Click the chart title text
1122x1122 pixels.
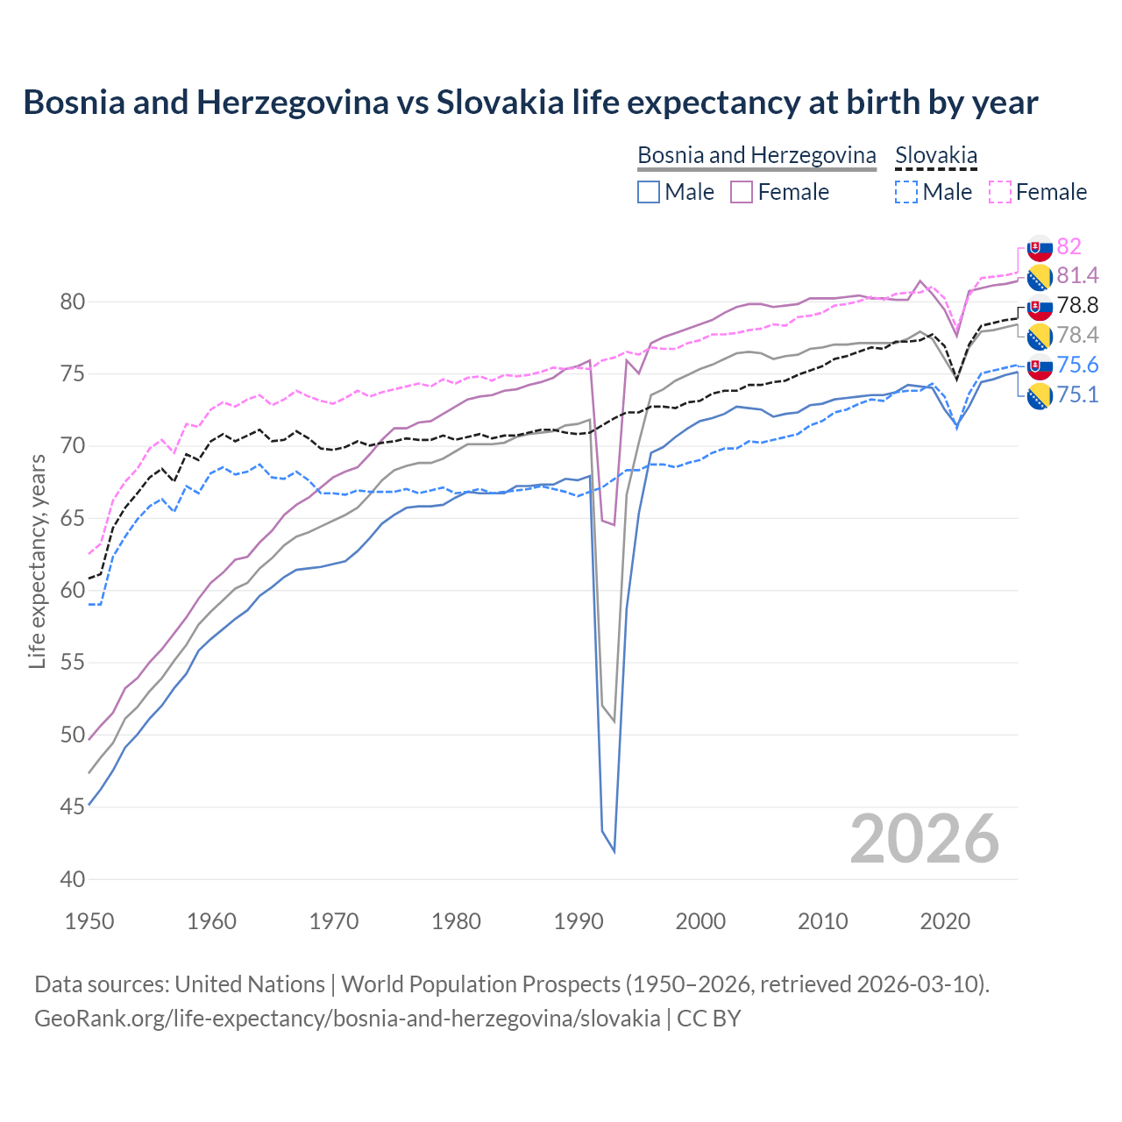(530, 103)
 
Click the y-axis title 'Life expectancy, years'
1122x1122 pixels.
(37, 561)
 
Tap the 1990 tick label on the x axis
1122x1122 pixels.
(579, 921)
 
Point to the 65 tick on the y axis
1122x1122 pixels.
(72, 518)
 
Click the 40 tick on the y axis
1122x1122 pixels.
(72, 879)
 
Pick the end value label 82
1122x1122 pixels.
(1069, 246)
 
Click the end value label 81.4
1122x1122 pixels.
(1077, 276)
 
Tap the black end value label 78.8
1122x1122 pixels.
(1077, 306)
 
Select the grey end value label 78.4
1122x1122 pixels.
(1077, 335)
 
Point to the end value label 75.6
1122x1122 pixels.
(1077, 365)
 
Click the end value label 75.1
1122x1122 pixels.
(1077, 394)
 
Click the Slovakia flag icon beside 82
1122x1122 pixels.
(1040, 248)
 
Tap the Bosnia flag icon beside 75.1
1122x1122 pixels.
(1040, 396)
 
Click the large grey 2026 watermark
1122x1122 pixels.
(925, 839)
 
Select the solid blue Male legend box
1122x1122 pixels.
(649, 192)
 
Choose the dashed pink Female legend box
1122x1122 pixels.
(999, 192)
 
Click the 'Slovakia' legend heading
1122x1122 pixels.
(935, 155)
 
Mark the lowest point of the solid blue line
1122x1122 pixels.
(614, 851)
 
